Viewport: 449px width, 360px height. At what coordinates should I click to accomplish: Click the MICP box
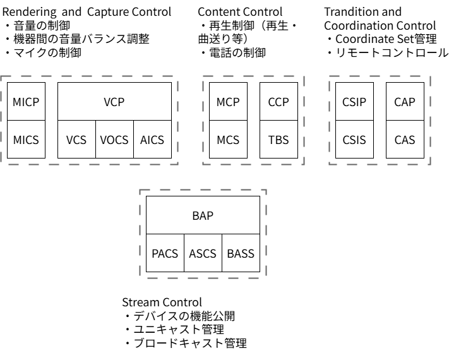(x=26, y=101)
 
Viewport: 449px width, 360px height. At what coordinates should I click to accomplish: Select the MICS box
(x=26, y=140)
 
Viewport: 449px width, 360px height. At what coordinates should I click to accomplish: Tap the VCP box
(x=114, y=101)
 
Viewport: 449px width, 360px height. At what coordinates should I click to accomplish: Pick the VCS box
(x=76, y=140)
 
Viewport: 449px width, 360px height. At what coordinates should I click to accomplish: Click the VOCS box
(x=114, y=140)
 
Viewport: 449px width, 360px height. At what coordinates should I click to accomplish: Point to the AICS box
(x=152, y=140)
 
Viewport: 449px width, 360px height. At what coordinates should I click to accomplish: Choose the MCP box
(x=228, y=101)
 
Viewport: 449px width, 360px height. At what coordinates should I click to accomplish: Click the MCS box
(x=228, y=140)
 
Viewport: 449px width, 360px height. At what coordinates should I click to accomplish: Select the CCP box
(x=278, y=101)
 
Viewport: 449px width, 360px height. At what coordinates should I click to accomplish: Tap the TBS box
(x=278, y=140)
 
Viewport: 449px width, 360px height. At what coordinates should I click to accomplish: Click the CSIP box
(x=354, y=101)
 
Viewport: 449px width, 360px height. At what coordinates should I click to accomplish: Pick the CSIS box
(x=354, y=140)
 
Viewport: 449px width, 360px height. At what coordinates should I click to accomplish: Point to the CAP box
(x=405, y=101)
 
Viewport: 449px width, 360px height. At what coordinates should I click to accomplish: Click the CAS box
(x=405, y=140)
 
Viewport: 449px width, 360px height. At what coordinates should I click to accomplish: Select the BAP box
(x=203, y=215)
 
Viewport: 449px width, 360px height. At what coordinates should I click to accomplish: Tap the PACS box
(x=165, y=254)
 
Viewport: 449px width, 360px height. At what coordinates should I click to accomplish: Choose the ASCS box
(x=203, y=254)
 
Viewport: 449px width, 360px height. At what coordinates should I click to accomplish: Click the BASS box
(x=241, y=254)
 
